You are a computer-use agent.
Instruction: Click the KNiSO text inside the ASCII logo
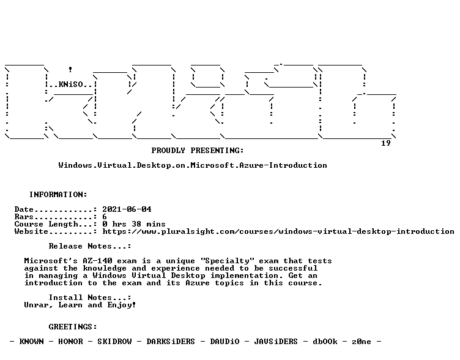coord(71,84)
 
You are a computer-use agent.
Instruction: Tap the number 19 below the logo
coord(386,143)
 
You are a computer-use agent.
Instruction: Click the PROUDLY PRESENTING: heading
coord(198,151)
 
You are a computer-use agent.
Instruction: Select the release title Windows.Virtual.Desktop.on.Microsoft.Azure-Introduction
coord(193,165)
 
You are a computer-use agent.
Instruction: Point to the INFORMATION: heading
coord(58,195)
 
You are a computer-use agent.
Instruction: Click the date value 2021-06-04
coord(127,209)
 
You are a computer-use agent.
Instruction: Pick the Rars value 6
coord(105,217)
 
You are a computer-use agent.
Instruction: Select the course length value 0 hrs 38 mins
coord(134,224)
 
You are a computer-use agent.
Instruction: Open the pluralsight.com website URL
coord(278,231)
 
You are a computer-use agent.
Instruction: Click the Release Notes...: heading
coord(90,246)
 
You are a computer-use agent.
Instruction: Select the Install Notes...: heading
coord(90,298)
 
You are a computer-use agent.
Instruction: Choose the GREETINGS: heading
coord(73,327)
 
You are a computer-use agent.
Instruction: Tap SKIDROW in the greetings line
coord(114,342)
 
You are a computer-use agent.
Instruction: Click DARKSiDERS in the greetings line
coord(171,342)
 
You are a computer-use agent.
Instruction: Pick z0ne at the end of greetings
coord(362,342)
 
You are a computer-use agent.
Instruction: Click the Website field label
coord(31,231)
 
